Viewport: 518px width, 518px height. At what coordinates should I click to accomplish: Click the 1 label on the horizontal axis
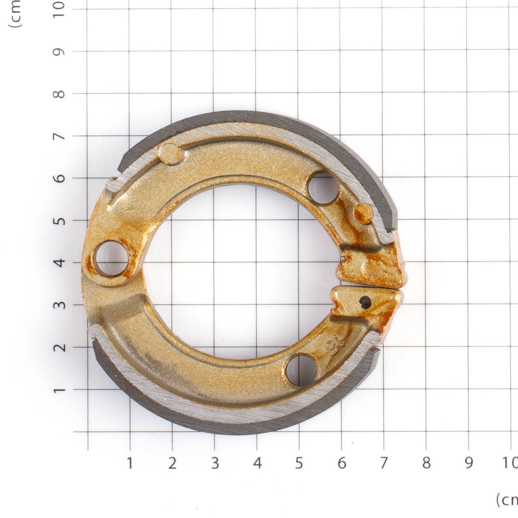[130, 463]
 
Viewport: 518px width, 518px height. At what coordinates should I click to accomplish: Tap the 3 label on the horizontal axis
[215, 463]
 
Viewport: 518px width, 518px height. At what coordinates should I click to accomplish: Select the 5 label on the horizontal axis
[299, 463]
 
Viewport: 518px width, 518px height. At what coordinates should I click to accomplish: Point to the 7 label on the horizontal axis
[384, 463]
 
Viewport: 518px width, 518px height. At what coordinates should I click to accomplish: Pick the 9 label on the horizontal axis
[469, 463]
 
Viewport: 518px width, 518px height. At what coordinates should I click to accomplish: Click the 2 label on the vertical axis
[59, 347]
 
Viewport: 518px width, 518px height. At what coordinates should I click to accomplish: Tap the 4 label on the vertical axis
[59, 262]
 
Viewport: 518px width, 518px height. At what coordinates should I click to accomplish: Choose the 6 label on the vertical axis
[59, 178]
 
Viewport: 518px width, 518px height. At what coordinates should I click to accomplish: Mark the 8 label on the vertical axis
[59, 94]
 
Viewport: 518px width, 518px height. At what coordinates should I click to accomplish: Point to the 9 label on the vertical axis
[59, 52]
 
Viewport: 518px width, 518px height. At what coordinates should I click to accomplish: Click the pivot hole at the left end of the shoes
[111, 258]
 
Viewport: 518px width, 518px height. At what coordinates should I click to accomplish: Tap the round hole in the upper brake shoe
[323, 188]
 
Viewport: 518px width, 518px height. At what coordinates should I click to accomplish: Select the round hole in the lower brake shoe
[301, 370]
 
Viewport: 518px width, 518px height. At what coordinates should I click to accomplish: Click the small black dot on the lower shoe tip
[366, 302]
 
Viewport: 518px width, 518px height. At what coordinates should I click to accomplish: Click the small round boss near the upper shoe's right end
[363, 213]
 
